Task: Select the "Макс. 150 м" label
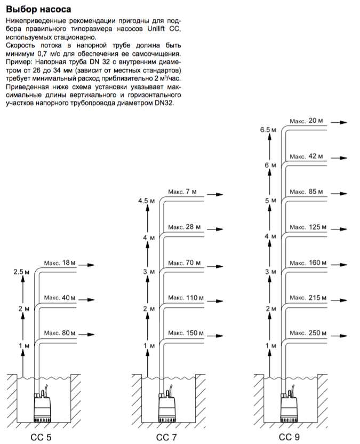pos(186,333)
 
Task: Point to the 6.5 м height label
pos(267,130)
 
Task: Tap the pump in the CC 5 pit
pos(42,406)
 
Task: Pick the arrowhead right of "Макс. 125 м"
pos(343,230)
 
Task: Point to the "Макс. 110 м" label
pos(186,297)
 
